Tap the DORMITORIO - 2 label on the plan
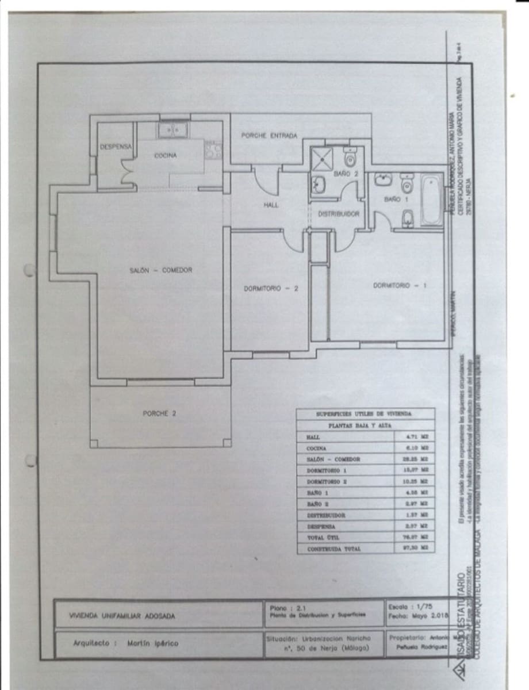tap(270, 289)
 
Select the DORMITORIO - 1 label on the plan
tap(400, 285)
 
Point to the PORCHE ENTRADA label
tap(269, 136)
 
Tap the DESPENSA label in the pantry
tap(116, 147)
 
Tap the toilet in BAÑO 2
tap(350, 157)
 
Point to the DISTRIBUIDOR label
tap(339, 213)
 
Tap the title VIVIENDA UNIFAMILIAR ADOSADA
tap(122, 616)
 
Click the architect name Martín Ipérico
tap(153, 643)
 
